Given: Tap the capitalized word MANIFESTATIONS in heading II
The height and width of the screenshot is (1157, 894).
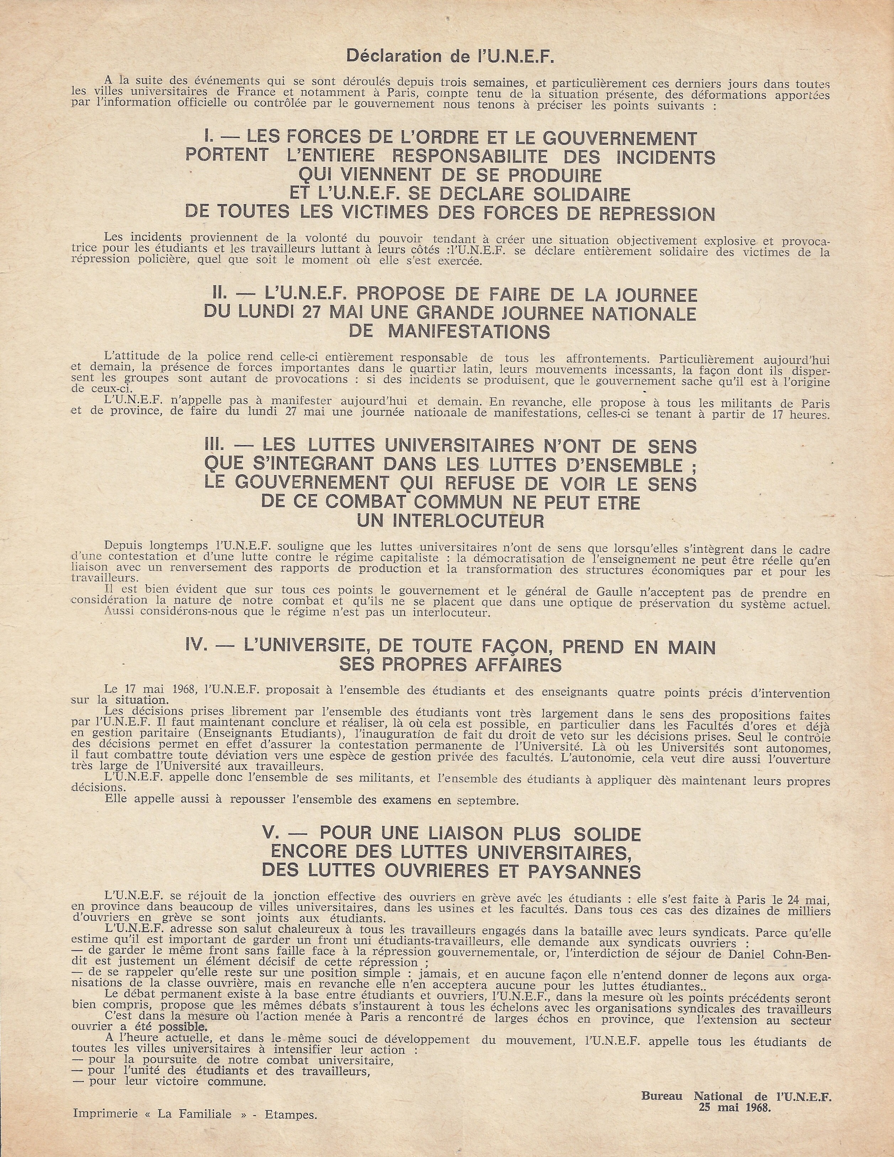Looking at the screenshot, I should [469, 332].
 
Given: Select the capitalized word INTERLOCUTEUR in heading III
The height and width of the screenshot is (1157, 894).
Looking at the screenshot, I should [450, 521].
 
